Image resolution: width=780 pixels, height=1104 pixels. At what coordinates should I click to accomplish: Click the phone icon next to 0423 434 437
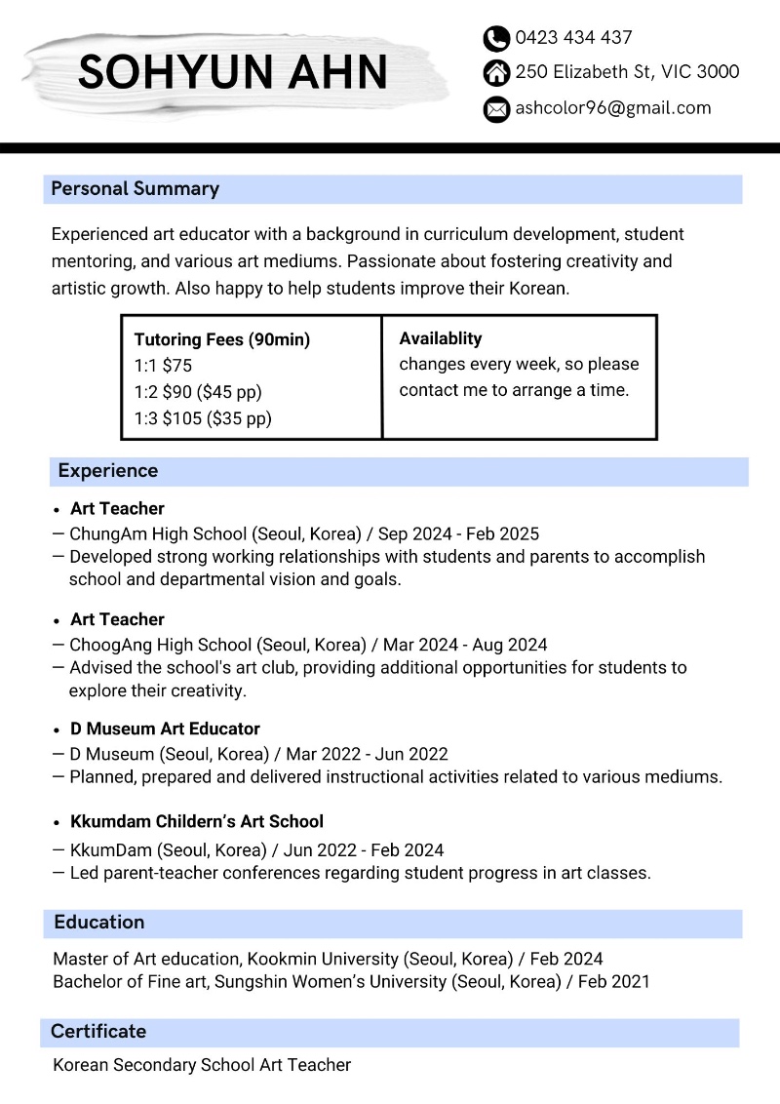point(496,39)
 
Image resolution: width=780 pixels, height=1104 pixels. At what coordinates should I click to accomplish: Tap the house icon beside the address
point(496,73)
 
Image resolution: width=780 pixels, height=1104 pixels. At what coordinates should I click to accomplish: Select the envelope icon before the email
point(496,109)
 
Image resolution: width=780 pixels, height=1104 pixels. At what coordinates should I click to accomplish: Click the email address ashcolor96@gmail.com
point(613,108)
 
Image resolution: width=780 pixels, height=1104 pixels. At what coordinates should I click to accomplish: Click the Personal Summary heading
point(135,189)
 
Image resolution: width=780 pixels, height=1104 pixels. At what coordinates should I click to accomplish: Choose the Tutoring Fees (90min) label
point(221,339)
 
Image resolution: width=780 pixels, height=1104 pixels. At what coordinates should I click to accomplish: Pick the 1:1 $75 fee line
point(163,366)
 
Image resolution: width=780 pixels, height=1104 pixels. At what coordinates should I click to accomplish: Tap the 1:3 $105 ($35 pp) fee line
point(203,418)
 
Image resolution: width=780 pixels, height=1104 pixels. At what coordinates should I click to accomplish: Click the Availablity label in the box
point(441,338)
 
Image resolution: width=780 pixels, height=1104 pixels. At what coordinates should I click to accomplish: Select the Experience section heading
point(107,471)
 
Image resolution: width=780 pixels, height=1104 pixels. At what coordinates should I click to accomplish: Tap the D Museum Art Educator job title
point(165,729)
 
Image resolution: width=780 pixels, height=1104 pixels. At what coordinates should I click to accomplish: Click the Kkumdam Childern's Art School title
point(196,821)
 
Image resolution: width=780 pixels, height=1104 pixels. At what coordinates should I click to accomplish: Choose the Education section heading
point(98,923)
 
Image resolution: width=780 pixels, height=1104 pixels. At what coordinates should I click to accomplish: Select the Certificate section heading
point(97,1032)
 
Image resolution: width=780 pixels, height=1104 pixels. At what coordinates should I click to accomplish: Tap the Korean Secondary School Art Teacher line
point(202,1065)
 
